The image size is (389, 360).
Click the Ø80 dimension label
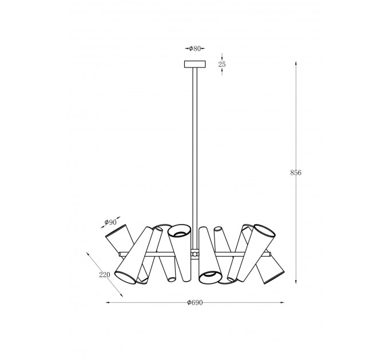tap(194, 49)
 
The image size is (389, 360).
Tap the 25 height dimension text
tap(222, 65)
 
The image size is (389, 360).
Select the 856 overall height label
tap(296, 173)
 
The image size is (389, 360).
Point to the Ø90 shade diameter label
tap(110, 222)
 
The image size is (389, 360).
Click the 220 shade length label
tap(105, 275)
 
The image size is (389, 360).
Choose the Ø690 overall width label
tap(195, 302)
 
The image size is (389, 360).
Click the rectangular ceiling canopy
tap(195, 64)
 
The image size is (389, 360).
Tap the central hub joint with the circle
tap(195, 254)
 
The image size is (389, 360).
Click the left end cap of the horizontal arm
tap(120, 254)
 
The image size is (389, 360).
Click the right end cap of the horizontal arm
tap(270, 254)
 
